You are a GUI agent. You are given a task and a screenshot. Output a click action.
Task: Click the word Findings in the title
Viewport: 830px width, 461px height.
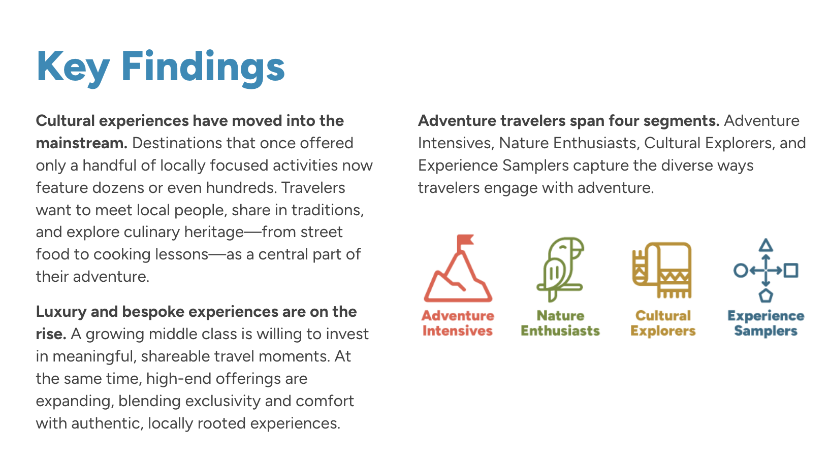tap(203, 68)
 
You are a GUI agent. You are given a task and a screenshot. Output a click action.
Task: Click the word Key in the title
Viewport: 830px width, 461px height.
tap(73, 68)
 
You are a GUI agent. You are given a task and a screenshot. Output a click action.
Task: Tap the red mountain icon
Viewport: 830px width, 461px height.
tap(458, 268)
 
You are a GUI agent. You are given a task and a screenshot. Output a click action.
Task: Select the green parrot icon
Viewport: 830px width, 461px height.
tap(560, 269)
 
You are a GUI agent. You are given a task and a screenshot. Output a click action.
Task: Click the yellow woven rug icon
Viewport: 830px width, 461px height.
tap(662, 270)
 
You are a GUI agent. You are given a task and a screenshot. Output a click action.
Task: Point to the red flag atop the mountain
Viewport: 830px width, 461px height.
tap(465, 241)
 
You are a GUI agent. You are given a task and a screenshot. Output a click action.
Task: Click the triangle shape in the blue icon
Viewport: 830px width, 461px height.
tap(765, 245)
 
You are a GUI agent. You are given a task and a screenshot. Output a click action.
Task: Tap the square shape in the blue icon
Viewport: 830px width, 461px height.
tap(791, 270)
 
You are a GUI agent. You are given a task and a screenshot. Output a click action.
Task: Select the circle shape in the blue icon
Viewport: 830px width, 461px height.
tap(741, 270)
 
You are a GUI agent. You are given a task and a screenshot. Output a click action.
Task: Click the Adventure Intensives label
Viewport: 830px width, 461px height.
tap(458, 323)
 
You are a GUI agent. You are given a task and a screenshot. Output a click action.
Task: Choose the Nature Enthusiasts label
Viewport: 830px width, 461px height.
tap(560, 323)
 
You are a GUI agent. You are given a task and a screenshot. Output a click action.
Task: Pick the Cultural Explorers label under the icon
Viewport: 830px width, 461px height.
tap(663, 323)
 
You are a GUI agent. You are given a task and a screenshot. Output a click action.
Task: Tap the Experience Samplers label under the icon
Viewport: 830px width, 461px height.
tap(766, 323)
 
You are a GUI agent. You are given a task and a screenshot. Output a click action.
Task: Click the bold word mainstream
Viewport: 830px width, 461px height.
tap(81, 143)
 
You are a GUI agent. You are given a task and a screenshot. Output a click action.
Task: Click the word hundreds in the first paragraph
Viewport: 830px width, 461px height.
tap(241, 188)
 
